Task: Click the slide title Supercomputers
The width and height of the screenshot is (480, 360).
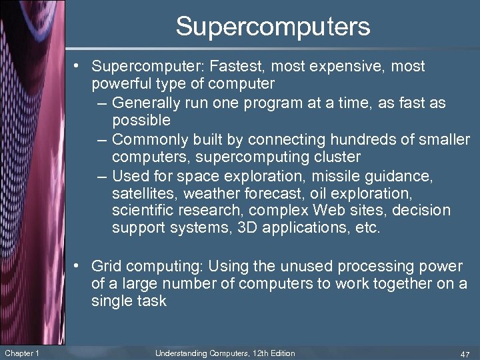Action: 273,27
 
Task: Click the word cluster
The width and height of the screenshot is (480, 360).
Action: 337,157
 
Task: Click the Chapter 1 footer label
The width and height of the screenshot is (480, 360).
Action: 21,353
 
